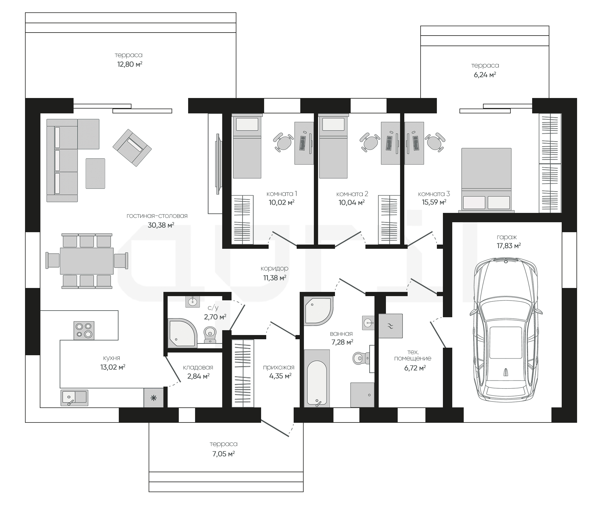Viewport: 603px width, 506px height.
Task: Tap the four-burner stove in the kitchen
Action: point(84,330)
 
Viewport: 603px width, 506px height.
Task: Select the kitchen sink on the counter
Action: point(74,398)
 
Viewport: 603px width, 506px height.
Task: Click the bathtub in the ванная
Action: point(317,378)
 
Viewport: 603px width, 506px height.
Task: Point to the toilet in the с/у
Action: point(210,335)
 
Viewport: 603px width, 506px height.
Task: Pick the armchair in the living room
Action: point(132,148)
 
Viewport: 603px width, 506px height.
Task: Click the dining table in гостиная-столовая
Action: point(87,261)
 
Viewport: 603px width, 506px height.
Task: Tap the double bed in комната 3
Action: point(486,180)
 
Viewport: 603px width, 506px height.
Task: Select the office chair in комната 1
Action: point(283,142)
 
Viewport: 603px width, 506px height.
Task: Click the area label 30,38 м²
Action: point(161,225)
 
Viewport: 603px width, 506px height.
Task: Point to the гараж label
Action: point(507,237)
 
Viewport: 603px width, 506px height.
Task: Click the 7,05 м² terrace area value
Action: point(223,454)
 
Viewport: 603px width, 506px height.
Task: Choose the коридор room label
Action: point(274,268)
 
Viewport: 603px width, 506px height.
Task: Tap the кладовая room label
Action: point(198,367)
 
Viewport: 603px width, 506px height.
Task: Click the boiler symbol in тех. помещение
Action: point(390,326)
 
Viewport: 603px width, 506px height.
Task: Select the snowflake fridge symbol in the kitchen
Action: point(153,398)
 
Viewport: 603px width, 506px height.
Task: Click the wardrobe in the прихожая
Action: point(243,373)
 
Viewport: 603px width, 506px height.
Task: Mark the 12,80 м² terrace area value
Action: point(130,64)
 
